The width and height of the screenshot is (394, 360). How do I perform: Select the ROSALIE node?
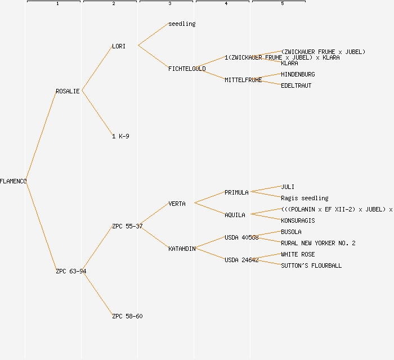coord(68,91)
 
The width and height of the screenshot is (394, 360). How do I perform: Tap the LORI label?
coord(119,46)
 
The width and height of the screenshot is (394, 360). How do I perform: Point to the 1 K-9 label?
coord(120,136)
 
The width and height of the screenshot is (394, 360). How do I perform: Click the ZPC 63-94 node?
coord(71,271)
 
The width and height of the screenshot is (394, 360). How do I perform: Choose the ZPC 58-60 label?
coord(127,316)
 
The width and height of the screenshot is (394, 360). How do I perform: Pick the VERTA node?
coord(177,204)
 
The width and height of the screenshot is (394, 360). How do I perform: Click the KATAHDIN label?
coord(182,249)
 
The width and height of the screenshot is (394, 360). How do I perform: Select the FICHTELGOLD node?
coord(187,69)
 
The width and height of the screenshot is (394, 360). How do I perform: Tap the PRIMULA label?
coord(236,192)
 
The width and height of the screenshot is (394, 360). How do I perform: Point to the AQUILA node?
coord(235,215)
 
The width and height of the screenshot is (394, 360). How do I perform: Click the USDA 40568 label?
coord(241,237)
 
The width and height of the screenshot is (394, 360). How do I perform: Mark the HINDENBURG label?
coord(298,74)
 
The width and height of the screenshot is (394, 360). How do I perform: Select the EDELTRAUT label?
coord(296,85)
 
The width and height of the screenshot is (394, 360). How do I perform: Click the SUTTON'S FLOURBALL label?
coord(311,265)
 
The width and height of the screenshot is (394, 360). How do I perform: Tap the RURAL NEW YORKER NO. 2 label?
coord(318,243)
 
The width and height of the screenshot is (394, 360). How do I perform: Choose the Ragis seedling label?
coord(305,198)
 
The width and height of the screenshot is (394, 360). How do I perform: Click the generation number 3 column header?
coord(169,4)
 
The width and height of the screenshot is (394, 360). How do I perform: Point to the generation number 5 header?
coord(282,4)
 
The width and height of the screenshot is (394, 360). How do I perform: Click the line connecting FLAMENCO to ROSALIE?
coord(41,136)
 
